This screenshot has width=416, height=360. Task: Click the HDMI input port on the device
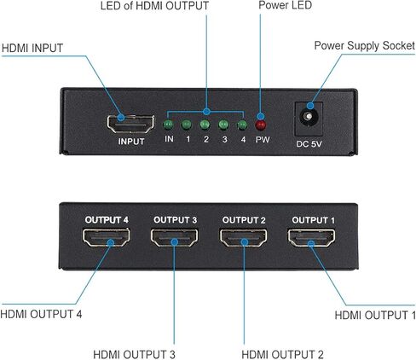tap(130, 125)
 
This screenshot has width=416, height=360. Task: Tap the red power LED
tap(261, 125)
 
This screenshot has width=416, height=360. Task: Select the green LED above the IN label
tap(168, 125)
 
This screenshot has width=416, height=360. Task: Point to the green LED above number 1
tap(187, 125)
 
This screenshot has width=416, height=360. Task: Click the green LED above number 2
tap(205, 125)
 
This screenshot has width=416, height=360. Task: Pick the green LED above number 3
tap(223, 125)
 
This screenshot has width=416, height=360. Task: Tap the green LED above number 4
tap(242, 125)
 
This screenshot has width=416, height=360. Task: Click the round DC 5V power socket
tap(308, 117)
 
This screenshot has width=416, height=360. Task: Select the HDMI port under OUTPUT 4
tap(107, 237)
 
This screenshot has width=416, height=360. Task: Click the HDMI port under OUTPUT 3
tap(175, 237)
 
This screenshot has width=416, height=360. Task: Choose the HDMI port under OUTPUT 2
tap(244, 238)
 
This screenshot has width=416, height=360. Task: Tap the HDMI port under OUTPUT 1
tap(312, 238)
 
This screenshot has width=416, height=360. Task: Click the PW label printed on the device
tap(263, 139)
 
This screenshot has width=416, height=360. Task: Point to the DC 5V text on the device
tap(309, 144)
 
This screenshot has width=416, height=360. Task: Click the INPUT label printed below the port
tap(131, 142)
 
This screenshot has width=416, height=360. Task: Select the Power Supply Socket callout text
tap(365, 46)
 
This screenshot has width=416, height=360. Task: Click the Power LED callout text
tap(285, 5)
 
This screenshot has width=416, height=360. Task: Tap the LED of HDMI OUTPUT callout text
tap(154, 6)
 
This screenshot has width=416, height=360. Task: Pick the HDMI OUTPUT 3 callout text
tap(134, 355)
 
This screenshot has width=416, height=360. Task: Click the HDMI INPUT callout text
tap(32, 48)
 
